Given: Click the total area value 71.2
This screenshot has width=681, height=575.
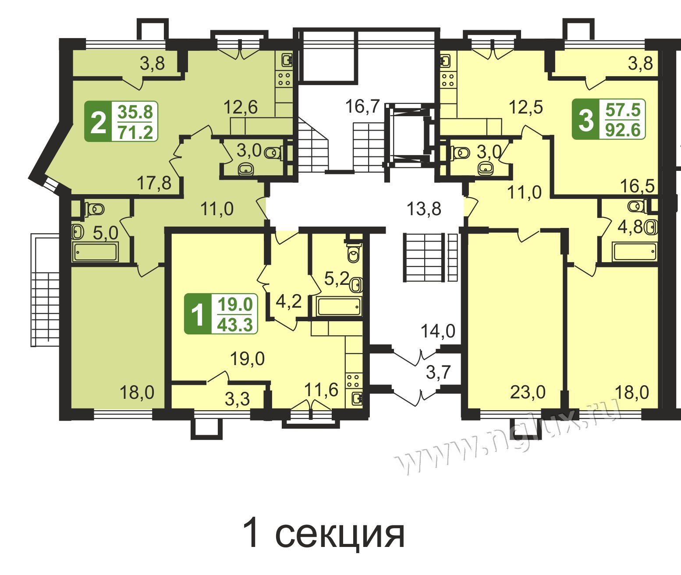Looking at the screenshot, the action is click(135, 132).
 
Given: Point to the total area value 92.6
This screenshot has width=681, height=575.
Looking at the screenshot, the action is click(623, 130).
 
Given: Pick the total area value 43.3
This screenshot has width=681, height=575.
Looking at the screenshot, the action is click(235, 325).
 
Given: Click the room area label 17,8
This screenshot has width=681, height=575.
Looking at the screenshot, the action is click(154, 183).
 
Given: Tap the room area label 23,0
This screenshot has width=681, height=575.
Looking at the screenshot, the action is click(527, 392).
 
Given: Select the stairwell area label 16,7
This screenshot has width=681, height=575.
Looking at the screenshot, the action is click(363, 106).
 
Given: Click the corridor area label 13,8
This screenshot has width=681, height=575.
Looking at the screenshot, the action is click(424, 209).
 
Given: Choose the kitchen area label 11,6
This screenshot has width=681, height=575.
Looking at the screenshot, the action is click(321, 390).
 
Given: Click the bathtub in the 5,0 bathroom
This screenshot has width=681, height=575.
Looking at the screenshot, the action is click(96, 252).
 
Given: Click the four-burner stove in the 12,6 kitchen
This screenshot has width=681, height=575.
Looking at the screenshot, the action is click(284, 79).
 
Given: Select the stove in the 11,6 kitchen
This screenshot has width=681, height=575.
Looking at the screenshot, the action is click(353, 381).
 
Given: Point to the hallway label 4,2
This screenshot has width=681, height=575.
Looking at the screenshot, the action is click(288, 302).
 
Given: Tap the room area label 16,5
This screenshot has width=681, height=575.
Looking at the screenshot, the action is click(637, 186).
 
